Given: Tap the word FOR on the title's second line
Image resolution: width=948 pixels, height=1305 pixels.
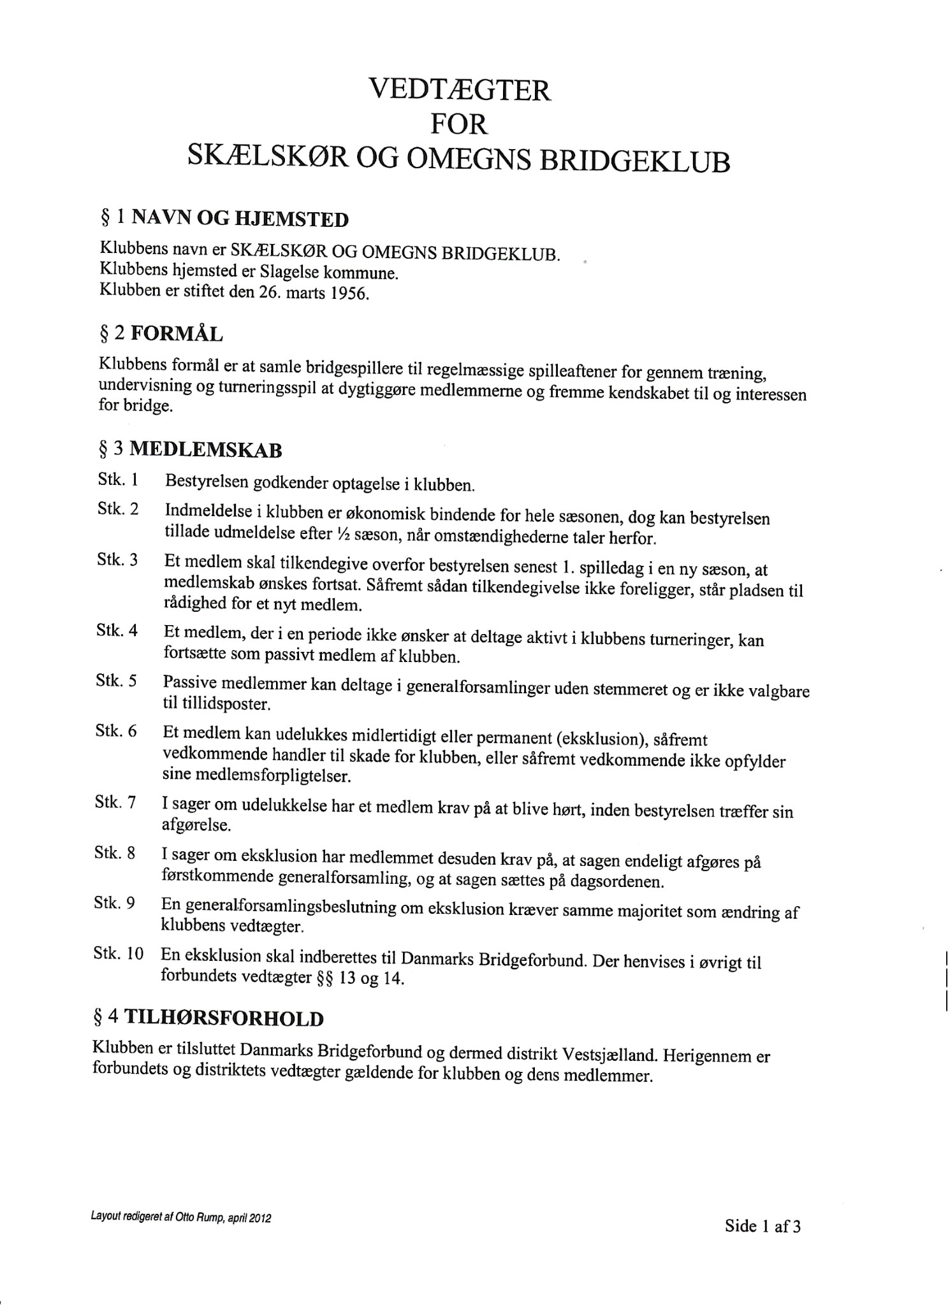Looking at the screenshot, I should click(459, 124).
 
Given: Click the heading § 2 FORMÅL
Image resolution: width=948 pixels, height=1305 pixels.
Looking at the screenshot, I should click(161, 333).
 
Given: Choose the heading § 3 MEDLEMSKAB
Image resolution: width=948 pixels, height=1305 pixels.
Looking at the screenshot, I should click(190, 450).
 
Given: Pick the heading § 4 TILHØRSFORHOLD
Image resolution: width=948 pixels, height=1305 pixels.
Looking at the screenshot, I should click(208, 1018).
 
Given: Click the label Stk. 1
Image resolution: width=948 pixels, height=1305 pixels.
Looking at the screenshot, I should click(118, 480).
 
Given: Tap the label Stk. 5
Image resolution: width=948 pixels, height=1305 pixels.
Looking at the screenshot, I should click(117, 681).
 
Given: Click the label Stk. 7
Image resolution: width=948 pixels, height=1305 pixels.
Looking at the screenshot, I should click(115, 802).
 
